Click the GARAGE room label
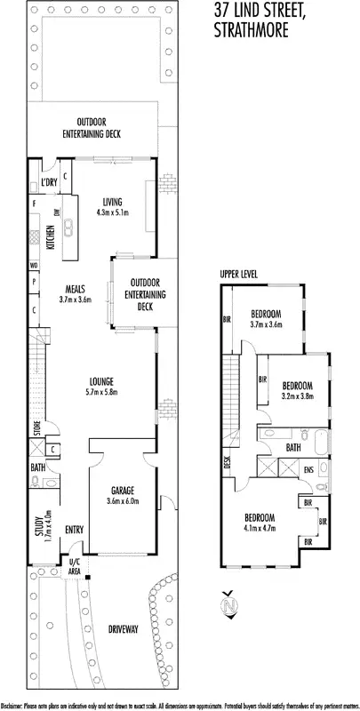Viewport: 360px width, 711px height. tap(122, 490)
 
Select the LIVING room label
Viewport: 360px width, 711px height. tap(111, 201)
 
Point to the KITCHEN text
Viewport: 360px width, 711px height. tap(51, 237)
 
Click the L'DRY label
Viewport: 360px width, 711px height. tap(49, 184)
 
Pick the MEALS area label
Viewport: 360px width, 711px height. tap(76, 289)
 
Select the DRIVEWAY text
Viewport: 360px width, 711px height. tap(123, 629)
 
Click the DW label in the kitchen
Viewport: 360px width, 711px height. tap(56, 212)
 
